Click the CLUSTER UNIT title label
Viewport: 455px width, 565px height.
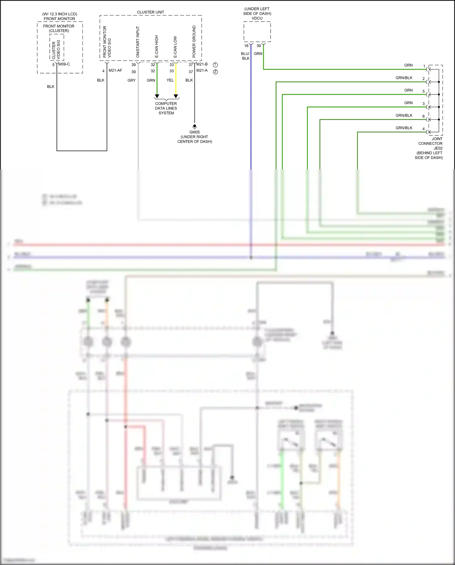pos(150,12)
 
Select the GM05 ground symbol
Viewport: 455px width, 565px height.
pos(195,126)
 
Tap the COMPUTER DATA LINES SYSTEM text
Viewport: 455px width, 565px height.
pos(166,108)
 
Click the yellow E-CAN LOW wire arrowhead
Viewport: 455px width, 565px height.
pos(176,96)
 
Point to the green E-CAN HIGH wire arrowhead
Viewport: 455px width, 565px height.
pos(157,96)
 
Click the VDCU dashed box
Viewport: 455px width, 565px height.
pos(257,32)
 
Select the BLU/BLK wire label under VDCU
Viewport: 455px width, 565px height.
pos(245,56)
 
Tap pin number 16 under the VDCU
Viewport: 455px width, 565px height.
pos(246,46)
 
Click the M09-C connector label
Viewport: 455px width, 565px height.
pos(64,64)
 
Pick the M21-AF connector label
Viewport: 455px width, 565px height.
pos(115,70)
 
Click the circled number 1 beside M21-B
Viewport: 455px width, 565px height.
pos(215,65)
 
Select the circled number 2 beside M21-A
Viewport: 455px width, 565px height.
pos(215,72)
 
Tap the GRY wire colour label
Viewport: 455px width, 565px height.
pos(131,80)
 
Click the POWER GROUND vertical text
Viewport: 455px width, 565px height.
pos(194,42)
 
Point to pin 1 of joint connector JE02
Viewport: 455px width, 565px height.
pos(424,66)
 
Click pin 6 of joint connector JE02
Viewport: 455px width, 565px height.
pos(423,116)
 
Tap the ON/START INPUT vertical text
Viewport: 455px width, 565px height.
pos(138,42)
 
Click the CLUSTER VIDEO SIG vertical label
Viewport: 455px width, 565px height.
pos(56,49)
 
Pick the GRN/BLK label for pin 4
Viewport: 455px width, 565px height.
pos(404,128)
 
